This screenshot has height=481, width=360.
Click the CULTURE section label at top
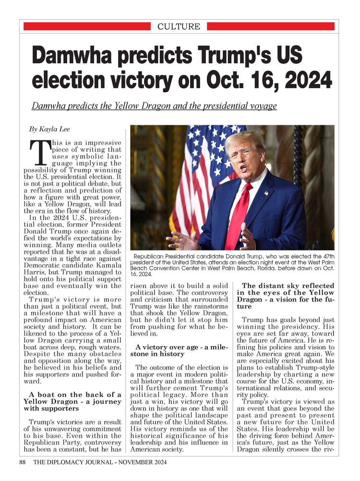coord(179,26)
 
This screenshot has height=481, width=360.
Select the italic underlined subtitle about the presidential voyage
coord(154,106)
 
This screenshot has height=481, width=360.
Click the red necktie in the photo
coord(239,216)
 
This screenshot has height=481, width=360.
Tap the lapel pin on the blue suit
coord(266,193)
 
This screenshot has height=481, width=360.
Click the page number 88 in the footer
coord(22,462)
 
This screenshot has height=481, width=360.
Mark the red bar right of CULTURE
coord(271,26)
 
